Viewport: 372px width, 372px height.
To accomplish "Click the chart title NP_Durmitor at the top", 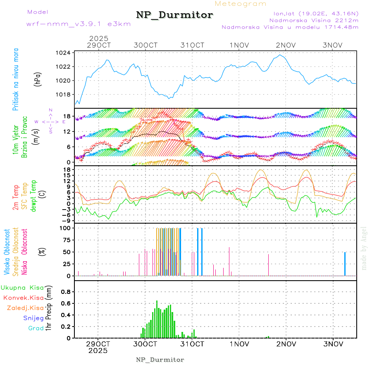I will pos(174,15).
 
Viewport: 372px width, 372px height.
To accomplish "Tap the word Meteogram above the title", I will pos(241,4).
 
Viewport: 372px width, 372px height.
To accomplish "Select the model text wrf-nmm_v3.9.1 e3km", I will pos(79,24).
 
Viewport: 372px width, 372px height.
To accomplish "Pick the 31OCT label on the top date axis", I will pos(193,45).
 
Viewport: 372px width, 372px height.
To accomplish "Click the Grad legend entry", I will pos(36,328).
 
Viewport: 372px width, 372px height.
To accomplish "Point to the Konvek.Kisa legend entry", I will pos(23,298).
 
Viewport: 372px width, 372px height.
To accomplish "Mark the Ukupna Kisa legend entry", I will pos(22,287).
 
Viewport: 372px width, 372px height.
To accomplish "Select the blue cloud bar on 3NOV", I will pos(345,264).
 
